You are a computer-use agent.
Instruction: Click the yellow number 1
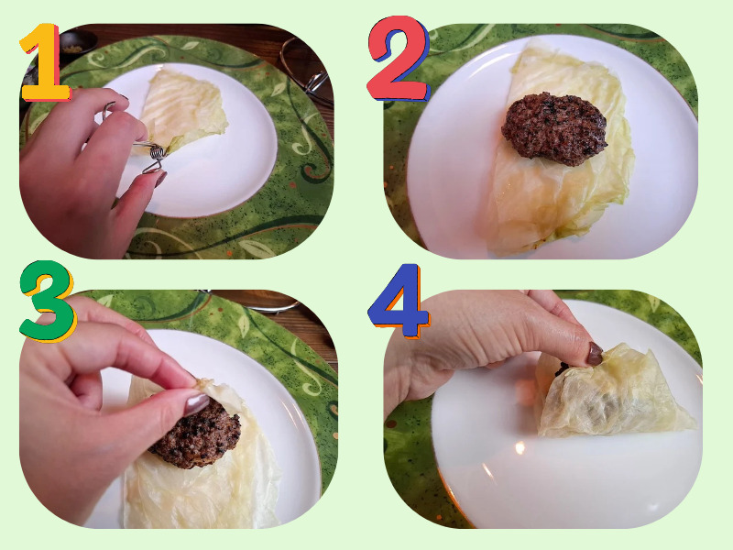click(x=45, y=63)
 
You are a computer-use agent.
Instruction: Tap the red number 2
click(x=399, y=59)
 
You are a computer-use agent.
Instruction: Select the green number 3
click(x=48, y=301)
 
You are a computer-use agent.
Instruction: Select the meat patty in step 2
click(x=554, y=128)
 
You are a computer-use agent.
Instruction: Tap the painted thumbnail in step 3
click(x=196, y=404)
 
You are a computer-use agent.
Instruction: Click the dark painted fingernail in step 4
click(x=595, y=354)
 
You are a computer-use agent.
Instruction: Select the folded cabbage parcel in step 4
click(x=612, y=393)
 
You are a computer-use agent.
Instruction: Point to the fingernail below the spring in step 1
click(x=160, y=179)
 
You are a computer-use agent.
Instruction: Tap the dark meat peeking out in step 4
click(x=562, y=368)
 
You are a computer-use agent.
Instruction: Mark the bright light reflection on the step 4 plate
click(x=519, y=448)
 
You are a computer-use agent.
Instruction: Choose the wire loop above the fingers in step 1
click(x=108, y=109)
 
